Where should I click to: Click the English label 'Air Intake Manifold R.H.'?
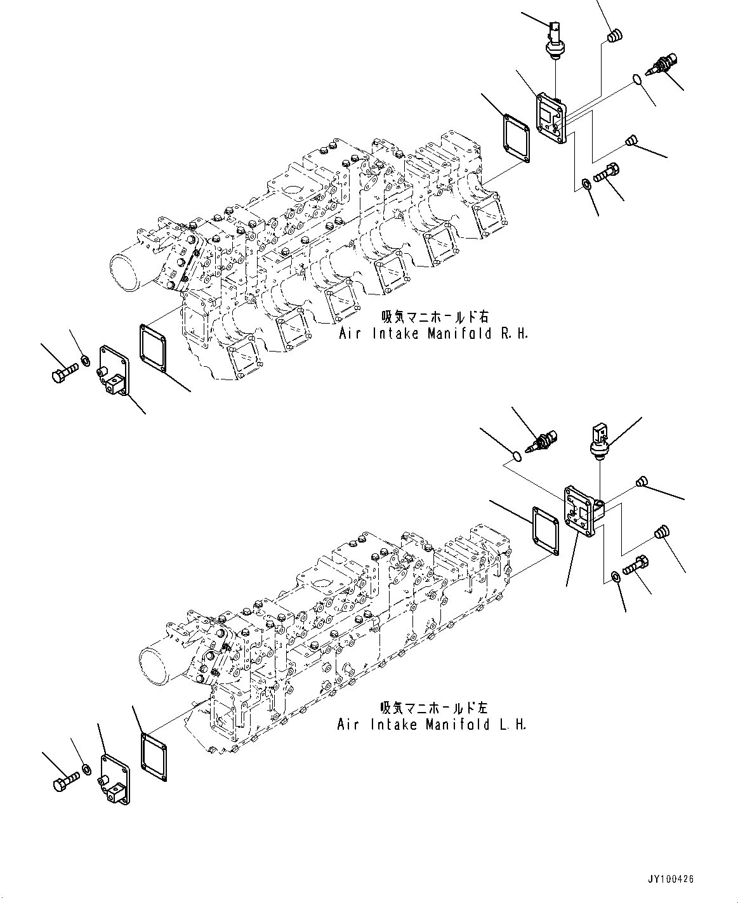pos(433,334)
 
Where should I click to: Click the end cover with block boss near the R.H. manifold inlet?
pos(113,371)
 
